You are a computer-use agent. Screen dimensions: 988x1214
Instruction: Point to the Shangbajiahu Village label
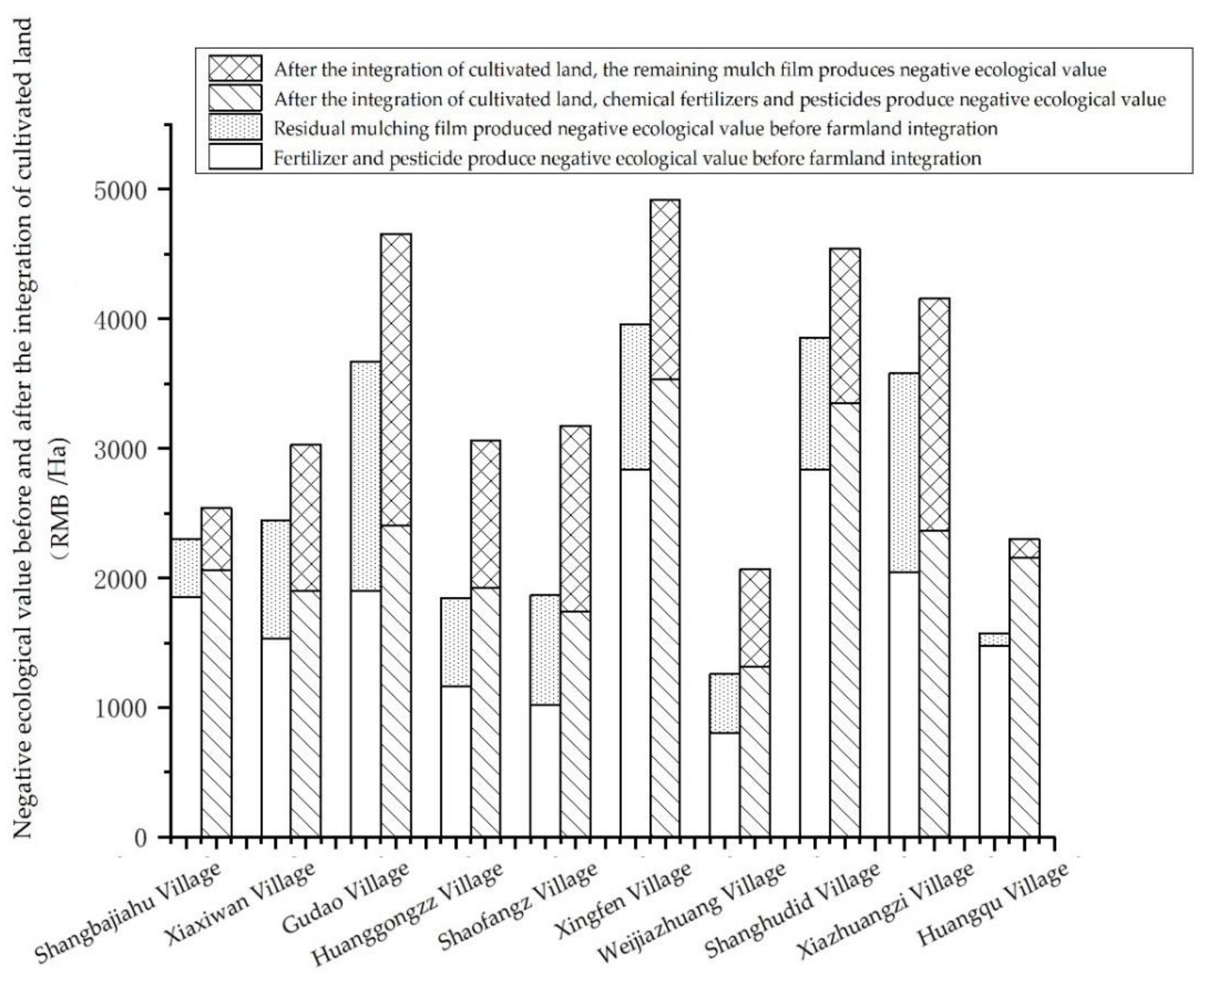128,916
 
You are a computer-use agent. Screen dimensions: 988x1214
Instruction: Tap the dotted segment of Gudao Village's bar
365,476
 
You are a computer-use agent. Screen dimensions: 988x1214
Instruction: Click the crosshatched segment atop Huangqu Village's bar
1024,548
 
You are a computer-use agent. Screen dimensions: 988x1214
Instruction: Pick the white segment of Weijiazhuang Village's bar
724,785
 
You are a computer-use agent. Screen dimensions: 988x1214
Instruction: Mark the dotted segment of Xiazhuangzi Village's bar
903,472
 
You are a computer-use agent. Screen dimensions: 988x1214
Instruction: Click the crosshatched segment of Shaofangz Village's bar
576,518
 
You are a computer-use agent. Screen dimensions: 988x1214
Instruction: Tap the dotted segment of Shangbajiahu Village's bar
186,568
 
